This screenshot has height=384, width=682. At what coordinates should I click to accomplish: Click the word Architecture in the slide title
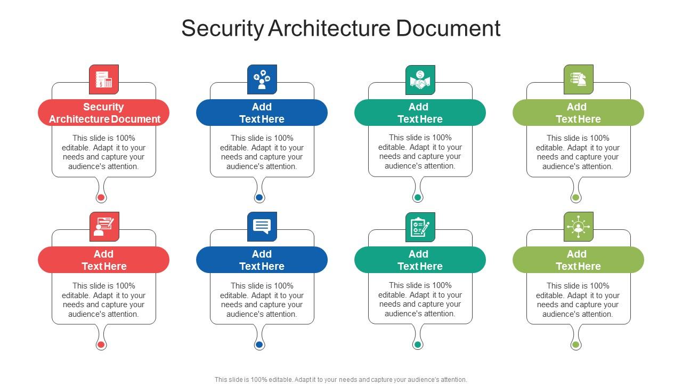tap(329, 28)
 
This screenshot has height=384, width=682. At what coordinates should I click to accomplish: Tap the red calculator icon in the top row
tap(104, 79)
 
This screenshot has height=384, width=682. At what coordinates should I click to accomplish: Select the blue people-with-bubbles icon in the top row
tap(262, 79)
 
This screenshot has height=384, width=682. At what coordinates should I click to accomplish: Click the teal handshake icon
tap(420, 80)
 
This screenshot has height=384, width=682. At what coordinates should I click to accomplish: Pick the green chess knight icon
tap(579, 79)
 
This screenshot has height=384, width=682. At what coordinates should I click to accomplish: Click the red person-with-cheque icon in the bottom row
tap(104, 227)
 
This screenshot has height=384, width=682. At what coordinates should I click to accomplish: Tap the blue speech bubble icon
tap(262, 227)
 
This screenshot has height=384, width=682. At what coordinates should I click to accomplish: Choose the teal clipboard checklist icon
tap(420, 227)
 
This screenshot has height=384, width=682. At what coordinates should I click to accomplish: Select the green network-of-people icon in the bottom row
tap(579, 227)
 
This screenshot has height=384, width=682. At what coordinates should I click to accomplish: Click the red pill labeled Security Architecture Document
tap(104, 113)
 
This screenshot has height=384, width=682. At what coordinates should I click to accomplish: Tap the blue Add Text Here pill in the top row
tap(262, 113)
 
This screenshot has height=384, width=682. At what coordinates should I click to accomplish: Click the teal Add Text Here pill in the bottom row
tap(420, 260)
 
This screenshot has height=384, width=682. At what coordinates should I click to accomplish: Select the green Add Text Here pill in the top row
tap(579, 113)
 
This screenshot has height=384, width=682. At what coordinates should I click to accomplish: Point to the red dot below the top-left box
tap(101, 197)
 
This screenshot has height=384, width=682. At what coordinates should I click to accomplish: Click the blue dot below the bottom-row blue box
tap(259, 345)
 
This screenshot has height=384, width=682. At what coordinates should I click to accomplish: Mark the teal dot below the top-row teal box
tap(418, 197)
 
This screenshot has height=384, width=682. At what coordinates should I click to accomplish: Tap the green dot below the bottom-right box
tap(575, 345)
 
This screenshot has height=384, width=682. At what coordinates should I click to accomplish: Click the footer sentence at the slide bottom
tap(341, 380)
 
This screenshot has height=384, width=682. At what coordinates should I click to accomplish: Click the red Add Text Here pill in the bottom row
tap(104, 260)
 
